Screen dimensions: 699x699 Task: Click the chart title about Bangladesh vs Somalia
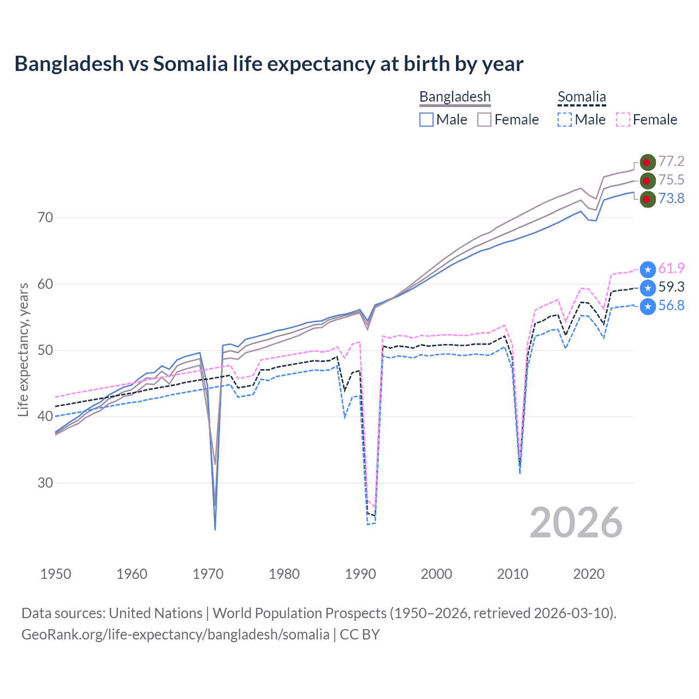point(269,64)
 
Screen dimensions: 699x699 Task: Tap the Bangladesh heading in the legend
point(455,97)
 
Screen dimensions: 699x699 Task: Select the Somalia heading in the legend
point(582,97)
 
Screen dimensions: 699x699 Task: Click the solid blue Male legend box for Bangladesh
point(426,120)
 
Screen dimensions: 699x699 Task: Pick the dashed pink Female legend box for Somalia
point(623,120)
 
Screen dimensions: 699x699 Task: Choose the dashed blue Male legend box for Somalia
point(565,120)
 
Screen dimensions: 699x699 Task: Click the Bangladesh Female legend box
point(484,120)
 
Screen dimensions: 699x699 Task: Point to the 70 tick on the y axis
point(45,217)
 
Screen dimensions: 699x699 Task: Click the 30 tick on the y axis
point(45,483)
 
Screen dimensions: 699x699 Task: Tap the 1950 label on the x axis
point(56,574)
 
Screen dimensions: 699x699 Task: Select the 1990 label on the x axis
point(360,574)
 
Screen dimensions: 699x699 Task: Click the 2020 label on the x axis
point(589,574)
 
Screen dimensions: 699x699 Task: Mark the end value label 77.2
point(671,161)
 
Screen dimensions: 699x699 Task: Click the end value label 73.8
point(671,198)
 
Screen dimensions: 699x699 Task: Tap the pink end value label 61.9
point(671,268)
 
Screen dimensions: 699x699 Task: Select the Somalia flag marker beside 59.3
point(648,288)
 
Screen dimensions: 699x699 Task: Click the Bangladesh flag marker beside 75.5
point(648,180)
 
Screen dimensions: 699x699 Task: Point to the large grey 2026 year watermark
point(576,523)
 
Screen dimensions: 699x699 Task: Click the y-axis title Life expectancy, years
point(23,349)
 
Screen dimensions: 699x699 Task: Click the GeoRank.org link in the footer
point(175,635)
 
